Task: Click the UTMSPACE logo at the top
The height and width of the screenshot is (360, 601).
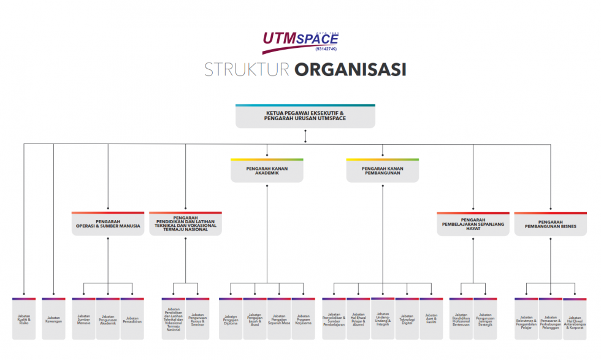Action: coord(300,42)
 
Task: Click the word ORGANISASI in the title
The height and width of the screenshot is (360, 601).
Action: coord(350,69)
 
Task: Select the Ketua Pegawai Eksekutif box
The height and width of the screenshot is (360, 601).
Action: coord(305,116)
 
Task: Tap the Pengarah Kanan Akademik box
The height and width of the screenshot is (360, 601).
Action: coord(267,170)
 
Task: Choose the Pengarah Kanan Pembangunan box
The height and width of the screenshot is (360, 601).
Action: coord(383,170)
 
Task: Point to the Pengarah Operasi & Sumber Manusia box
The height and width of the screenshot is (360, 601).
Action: coord(108,224)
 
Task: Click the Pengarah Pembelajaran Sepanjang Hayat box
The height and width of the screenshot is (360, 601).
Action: coord(473,224)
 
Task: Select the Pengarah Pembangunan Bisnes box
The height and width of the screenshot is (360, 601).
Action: coord(550,224)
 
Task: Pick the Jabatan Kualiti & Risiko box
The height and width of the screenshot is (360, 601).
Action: coord(24,319)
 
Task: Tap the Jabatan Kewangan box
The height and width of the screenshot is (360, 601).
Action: coord(54,319)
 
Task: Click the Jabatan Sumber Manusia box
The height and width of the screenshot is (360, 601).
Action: coord(84,319)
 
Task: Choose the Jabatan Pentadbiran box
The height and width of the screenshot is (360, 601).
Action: coord(132,319)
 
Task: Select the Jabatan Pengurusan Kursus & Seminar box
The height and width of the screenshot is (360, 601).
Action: coord(198,319)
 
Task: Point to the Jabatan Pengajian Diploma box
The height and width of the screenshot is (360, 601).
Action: coord(231,319)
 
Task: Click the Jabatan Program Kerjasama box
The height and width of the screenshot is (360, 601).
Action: coord(303,319)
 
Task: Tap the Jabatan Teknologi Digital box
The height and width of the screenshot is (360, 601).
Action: coord(407,319)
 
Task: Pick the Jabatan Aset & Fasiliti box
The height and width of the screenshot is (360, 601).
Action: coord(431,319)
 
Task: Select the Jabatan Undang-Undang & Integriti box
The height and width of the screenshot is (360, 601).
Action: coord(383,319)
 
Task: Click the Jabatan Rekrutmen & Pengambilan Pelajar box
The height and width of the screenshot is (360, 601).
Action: coord(526,319)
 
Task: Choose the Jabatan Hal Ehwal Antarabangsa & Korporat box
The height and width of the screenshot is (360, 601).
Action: coord(575,319)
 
